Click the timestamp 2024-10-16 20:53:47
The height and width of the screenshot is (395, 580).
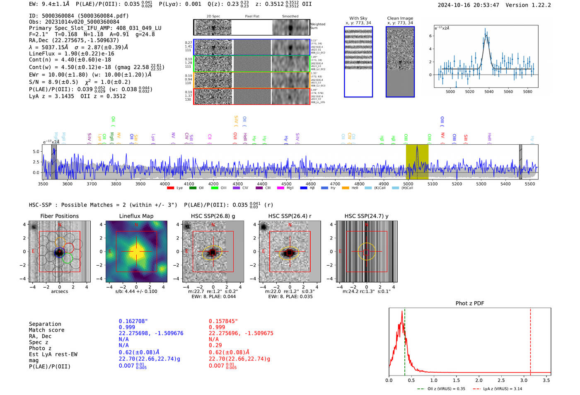pos(468,5)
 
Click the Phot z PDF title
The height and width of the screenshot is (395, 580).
pos(470,303)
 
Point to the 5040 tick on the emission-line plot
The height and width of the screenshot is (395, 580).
pos(489,92)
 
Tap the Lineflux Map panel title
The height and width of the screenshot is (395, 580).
pos(136,216)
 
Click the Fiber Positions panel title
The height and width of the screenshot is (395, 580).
pos(59,216)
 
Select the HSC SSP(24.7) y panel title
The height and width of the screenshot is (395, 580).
pos(366,216)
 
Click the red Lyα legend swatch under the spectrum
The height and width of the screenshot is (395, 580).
pos(170,188)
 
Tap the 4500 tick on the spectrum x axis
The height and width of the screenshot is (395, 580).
pos(286,184)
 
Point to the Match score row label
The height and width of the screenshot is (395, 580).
pos(46,330)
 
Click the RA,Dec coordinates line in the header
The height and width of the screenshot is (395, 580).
pos(74,41)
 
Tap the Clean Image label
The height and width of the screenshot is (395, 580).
pos(400,18)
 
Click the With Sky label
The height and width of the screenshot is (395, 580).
pos(358,18)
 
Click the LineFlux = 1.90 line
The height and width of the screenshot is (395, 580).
pos(71,54)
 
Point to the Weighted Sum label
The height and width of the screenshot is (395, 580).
pos(318,26)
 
